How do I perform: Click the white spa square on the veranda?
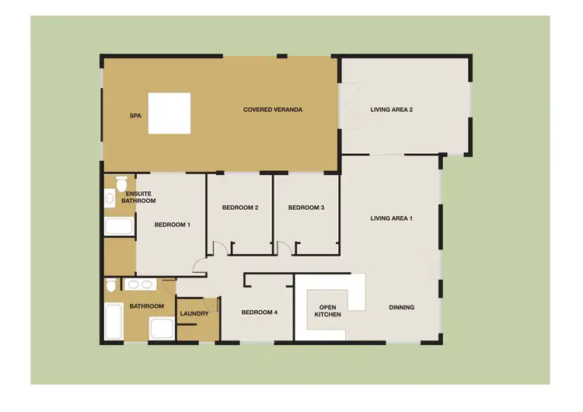169,113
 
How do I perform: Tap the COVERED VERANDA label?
272,110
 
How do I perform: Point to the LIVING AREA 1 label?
391,218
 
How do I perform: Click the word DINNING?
401,308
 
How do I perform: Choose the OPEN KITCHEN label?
327,310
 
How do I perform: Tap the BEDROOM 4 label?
259,312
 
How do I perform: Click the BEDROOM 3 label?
305,208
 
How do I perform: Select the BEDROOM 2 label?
239,208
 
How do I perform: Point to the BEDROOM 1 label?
172,225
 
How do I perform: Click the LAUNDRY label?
194,314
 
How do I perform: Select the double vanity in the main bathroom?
141,285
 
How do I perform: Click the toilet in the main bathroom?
112,286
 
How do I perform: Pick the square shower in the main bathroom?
161,329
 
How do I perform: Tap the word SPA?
134,114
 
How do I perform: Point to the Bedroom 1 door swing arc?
199,267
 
